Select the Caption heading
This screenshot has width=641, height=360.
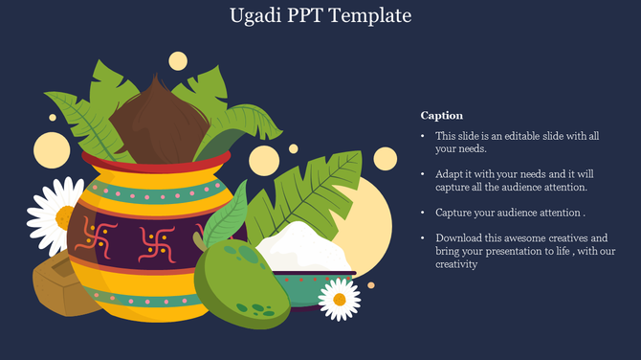click(x=441, y=115)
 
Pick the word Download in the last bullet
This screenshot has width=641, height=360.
click(x=460, y=237)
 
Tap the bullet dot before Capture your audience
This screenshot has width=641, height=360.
click(x=424, y=213)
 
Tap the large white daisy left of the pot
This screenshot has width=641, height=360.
click(x=53, y=214)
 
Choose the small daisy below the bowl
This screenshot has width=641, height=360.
click(x=339, y=301)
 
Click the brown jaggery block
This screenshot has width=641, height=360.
click(x=63, y=287)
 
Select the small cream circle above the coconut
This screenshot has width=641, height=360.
click(x=178, y=61)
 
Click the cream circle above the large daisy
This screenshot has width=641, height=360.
click(x=52, y=149)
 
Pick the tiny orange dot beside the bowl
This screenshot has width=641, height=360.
click(x=371, y=285)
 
